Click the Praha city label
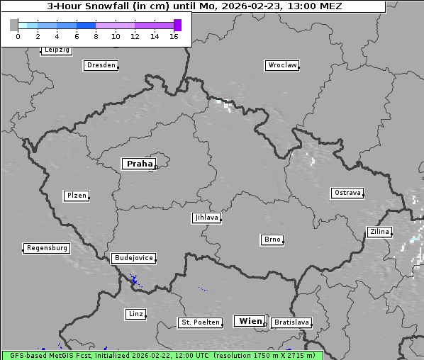coord(139,164)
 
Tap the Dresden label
coord(100,65)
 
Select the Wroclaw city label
coord(281,65)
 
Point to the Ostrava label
coord(347,193)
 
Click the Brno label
coord(272,240)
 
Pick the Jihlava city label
coord(206,218)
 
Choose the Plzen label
coord(76,196)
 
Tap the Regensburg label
coord(47,248)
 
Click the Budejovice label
coord(133,258)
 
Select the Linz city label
coord(135,313)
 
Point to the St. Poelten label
coord(199,322)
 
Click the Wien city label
coord(250,321)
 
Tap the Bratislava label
coord(291,322)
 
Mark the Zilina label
coord(379,232)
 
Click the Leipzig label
coord(56,50)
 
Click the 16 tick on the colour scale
coord(174,36)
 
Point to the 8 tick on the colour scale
coord(96,36)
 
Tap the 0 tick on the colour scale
coord(18,36)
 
